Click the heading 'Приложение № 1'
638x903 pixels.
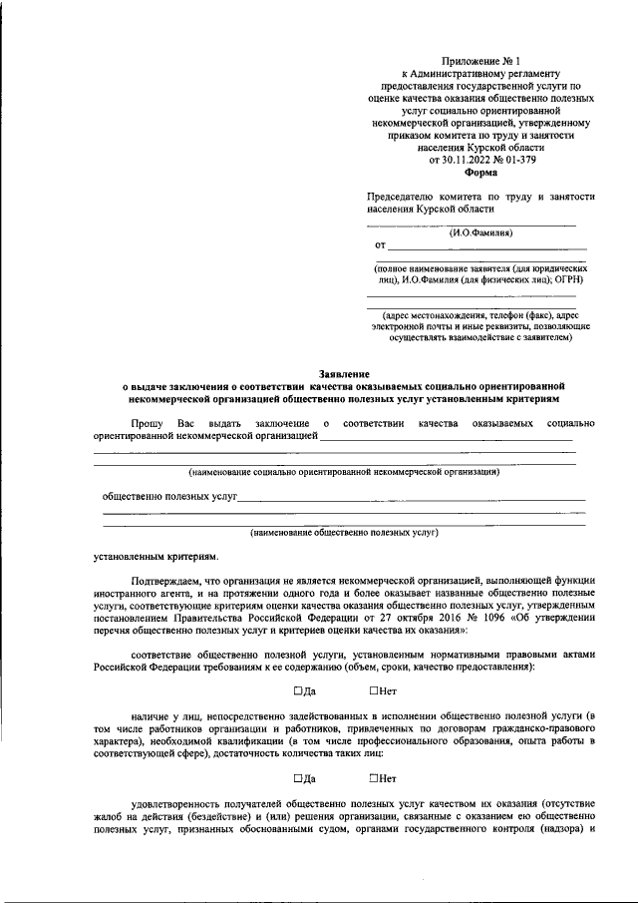pos(481,62)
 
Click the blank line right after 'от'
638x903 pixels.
pos(486,247)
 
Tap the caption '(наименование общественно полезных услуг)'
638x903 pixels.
pos(344,533)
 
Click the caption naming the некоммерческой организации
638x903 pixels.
pos(344,471)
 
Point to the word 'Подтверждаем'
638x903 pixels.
pos(166,581)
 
